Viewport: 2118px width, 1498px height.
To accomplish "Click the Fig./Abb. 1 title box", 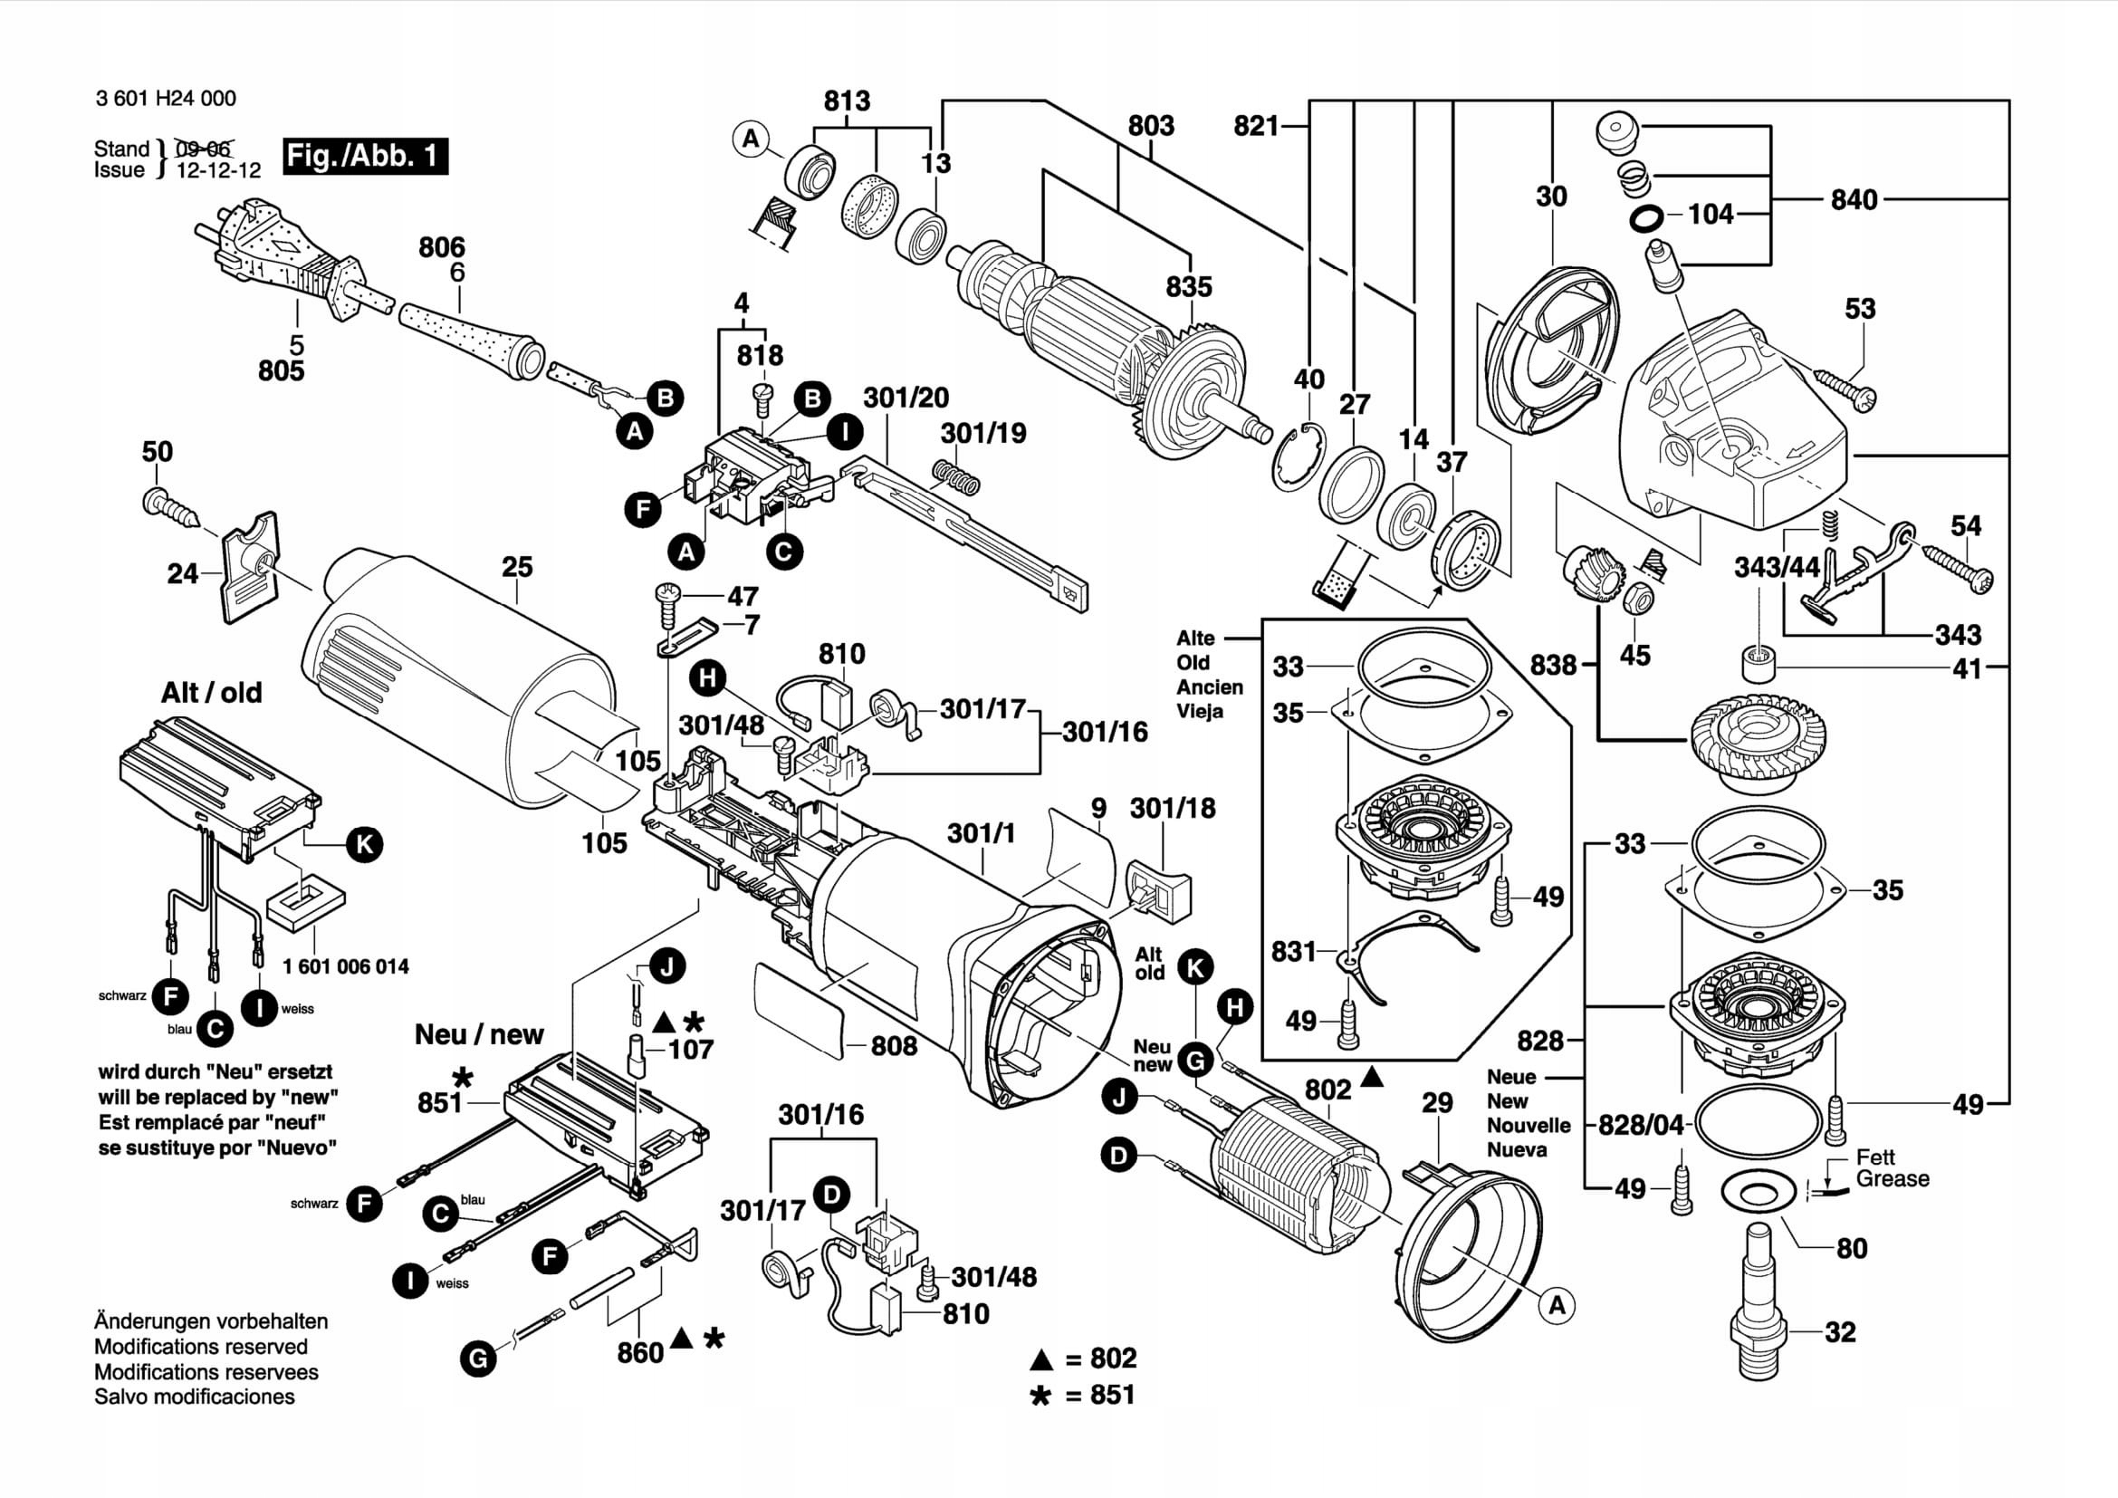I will pos(365,156).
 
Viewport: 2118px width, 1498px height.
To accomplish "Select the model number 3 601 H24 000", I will pos(166,99).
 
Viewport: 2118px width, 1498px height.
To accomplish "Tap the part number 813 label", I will pos(847,101).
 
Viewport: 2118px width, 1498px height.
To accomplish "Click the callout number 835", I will pos(1188,287).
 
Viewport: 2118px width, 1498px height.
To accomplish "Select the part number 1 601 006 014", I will pos(346,966).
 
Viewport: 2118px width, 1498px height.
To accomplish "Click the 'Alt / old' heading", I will pos(211,693).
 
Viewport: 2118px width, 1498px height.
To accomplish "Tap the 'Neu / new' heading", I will pos(479,1034).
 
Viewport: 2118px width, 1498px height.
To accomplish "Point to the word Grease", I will pos(1892,1179).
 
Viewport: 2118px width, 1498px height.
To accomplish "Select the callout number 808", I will pos(894,1046).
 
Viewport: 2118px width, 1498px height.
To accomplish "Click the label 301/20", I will pos(906,398).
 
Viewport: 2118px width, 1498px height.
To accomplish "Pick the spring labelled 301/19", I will pos(955,476).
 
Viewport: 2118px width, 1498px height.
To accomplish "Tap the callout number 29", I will pos(1437,1103).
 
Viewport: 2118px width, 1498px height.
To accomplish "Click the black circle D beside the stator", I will pos(1119,1156).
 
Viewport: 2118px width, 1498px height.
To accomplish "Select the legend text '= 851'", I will pos(1100,1395).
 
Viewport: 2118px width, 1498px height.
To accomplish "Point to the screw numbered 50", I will pos(170,505).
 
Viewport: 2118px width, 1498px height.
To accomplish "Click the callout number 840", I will pos(1854,200).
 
